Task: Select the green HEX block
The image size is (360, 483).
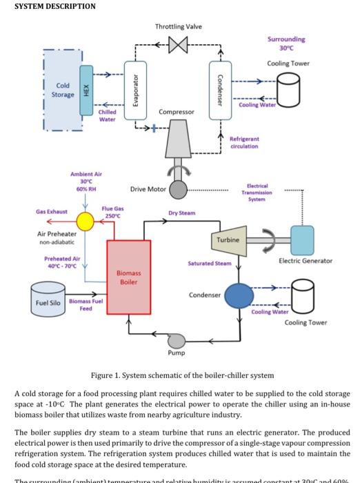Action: pyautogui.click(x=86, y=91)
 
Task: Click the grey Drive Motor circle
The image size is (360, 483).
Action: pyautogui.click(x=179, y=189)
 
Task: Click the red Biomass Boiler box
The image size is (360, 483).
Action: pyautogui.click(x=128, y=277)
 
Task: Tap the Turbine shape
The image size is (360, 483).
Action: pyautogui.click(x=228, y=239)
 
